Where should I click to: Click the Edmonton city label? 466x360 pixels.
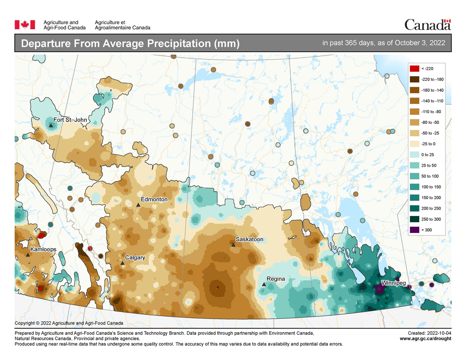point(154,199)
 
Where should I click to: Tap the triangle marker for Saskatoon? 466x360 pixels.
point(233,245)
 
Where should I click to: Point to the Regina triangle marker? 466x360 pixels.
point(264,284)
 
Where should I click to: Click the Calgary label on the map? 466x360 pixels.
point(135,258)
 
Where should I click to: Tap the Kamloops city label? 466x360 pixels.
point(43,249)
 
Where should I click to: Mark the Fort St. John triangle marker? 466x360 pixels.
point(51,125)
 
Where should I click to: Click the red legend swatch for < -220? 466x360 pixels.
point(414,68)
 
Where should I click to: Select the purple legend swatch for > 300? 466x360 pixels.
point(414,230)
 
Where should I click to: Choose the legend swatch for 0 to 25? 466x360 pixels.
point(414,155)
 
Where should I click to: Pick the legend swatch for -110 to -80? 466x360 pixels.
point(414,112)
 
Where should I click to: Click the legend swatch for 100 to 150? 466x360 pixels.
point(414,187)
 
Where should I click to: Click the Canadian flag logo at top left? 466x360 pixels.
point(25,25)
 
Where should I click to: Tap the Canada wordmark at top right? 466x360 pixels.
point(427,24)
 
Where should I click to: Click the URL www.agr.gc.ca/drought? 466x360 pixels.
point(425,339)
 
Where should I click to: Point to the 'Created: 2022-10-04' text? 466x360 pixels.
point(429,333)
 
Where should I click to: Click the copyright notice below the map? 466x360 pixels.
point(69,323)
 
